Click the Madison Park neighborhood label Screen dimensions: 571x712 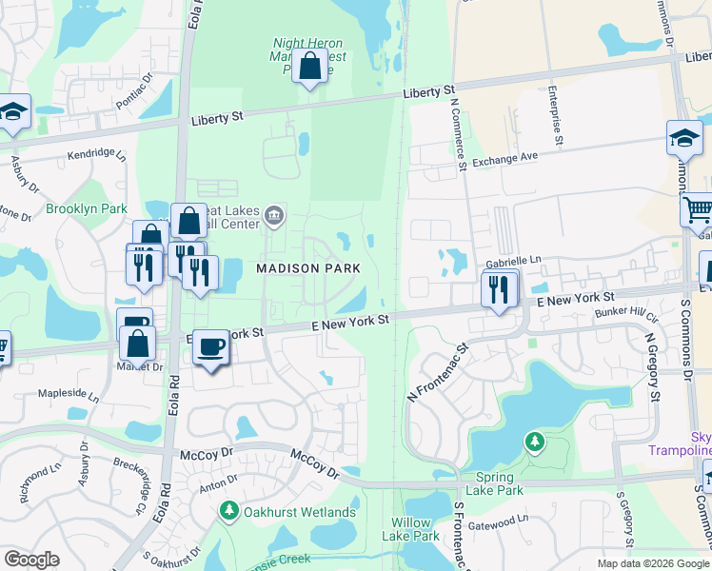(308, 268)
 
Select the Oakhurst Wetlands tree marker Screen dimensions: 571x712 (228, 512)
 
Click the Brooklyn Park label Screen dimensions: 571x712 (87, 208)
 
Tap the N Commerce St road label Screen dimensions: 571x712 (461, 134)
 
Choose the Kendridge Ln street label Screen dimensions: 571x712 (96, 153)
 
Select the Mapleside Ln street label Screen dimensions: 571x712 (68, 393)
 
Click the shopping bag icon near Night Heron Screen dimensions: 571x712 (309, 67)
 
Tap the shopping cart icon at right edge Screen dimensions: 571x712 (700, 207)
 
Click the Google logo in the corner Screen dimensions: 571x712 (32, 560)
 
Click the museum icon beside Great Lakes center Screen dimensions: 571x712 (274, 215)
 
